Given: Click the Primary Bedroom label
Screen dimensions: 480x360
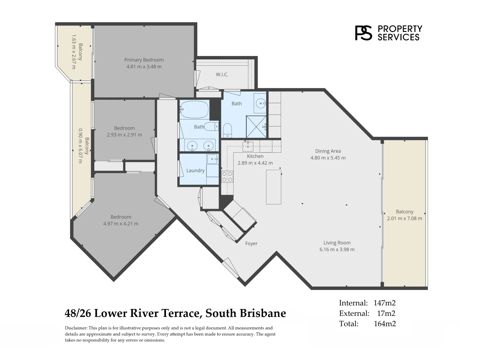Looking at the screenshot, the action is [144, 60].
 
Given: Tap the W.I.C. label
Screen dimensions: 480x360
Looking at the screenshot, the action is [222, 75].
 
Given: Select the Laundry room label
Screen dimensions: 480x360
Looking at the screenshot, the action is [195, 170].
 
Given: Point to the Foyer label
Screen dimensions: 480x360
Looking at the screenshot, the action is [251, 243].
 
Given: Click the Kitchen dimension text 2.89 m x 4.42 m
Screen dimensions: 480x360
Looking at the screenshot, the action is [255, 163].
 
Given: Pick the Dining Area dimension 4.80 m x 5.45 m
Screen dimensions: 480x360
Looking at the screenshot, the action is [328, 158].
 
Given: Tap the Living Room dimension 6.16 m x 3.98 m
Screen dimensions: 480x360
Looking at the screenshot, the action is [337, 249].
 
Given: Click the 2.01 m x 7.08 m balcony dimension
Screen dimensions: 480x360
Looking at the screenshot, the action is [405, 218].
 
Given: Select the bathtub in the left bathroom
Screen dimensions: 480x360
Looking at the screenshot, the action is [194, 109].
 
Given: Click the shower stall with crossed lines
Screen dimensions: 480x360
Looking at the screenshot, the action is [256, 127].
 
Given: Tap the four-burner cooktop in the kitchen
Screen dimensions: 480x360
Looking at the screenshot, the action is [227, 177].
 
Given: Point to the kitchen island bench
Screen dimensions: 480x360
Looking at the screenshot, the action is [274, 187].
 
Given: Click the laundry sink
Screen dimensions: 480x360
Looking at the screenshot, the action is [212, 159].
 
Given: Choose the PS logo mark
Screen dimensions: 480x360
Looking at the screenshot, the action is [363, 33].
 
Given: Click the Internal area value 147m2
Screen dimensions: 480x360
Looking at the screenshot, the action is [385, 303].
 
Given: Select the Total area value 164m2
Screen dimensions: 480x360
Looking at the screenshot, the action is [385, 324].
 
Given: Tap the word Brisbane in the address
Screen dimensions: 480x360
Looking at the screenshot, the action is [263, 313].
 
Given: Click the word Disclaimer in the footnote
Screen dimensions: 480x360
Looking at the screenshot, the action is [76, 328].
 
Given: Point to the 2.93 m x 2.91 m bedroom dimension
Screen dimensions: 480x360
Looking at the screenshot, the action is [124, 135].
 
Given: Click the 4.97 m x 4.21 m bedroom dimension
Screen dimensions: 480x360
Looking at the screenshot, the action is [121, 224].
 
